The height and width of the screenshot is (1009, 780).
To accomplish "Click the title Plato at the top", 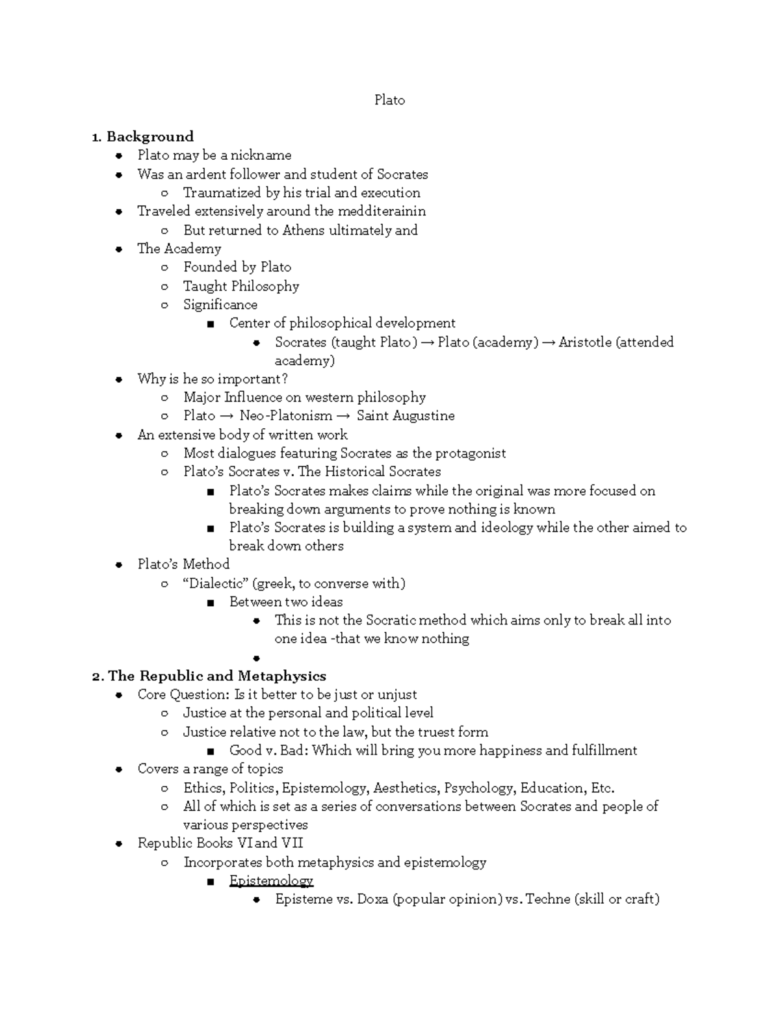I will (389, 100).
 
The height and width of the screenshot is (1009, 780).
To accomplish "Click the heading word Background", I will (149, 136).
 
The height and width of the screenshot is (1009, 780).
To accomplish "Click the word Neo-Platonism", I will (285, 416).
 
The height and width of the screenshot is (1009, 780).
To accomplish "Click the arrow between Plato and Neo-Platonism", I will (227, 416).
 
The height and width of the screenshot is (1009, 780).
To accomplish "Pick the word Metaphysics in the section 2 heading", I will (281, 676).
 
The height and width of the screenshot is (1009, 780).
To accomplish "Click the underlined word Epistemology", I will (271, 881).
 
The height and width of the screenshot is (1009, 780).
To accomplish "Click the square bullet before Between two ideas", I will (210, 603).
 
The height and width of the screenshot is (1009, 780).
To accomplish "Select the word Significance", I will (220, 305).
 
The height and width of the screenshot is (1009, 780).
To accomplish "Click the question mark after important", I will (284, 379).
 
